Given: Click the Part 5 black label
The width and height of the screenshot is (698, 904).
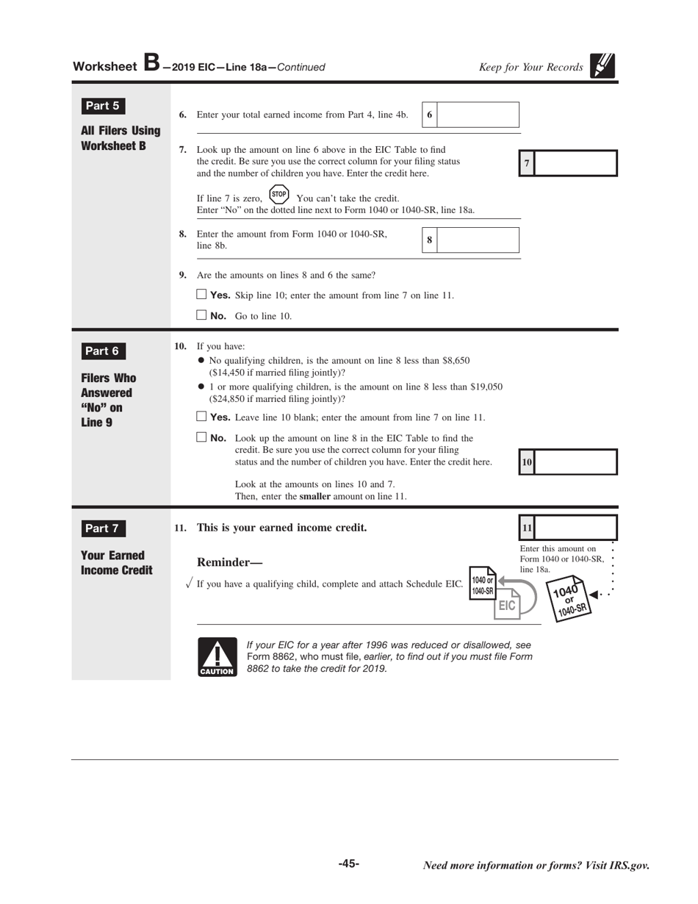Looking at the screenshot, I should click(102, 106).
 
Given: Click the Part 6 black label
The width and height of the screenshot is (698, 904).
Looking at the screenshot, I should click(102, 351).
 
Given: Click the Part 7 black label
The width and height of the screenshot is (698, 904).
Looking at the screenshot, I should click(102, 528).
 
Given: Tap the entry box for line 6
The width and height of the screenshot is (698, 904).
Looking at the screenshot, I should click(478, 115).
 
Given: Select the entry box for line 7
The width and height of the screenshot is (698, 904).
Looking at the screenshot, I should click(575, 163).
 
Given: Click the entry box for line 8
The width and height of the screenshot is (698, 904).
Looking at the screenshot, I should click(478, 240).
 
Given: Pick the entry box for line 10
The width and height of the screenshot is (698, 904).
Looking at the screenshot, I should click(575, 462).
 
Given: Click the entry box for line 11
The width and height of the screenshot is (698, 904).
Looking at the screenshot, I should click(575, 528).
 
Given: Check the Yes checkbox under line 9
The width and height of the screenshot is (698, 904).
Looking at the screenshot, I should click(202, 295).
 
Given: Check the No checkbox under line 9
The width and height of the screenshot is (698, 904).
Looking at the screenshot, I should click(202, 316).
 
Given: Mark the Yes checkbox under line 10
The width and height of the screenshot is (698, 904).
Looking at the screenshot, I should click(202, 417).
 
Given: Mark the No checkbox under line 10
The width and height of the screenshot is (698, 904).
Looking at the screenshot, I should click(202, 437).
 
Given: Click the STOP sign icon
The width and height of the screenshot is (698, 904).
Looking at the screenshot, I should click(279, 195).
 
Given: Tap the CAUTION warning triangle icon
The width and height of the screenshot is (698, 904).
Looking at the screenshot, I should click(217, 656).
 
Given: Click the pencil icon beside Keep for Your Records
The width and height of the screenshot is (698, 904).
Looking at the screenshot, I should click(602, 66).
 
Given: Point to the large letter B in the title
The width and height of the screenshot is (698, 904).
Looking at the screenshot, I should click(151, 63).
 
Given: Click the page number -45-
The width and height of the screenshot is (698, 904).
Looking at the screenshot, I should click(349, 864).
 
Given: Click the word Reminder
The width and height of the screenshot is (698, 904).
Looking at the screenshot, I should click(224, 562).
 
